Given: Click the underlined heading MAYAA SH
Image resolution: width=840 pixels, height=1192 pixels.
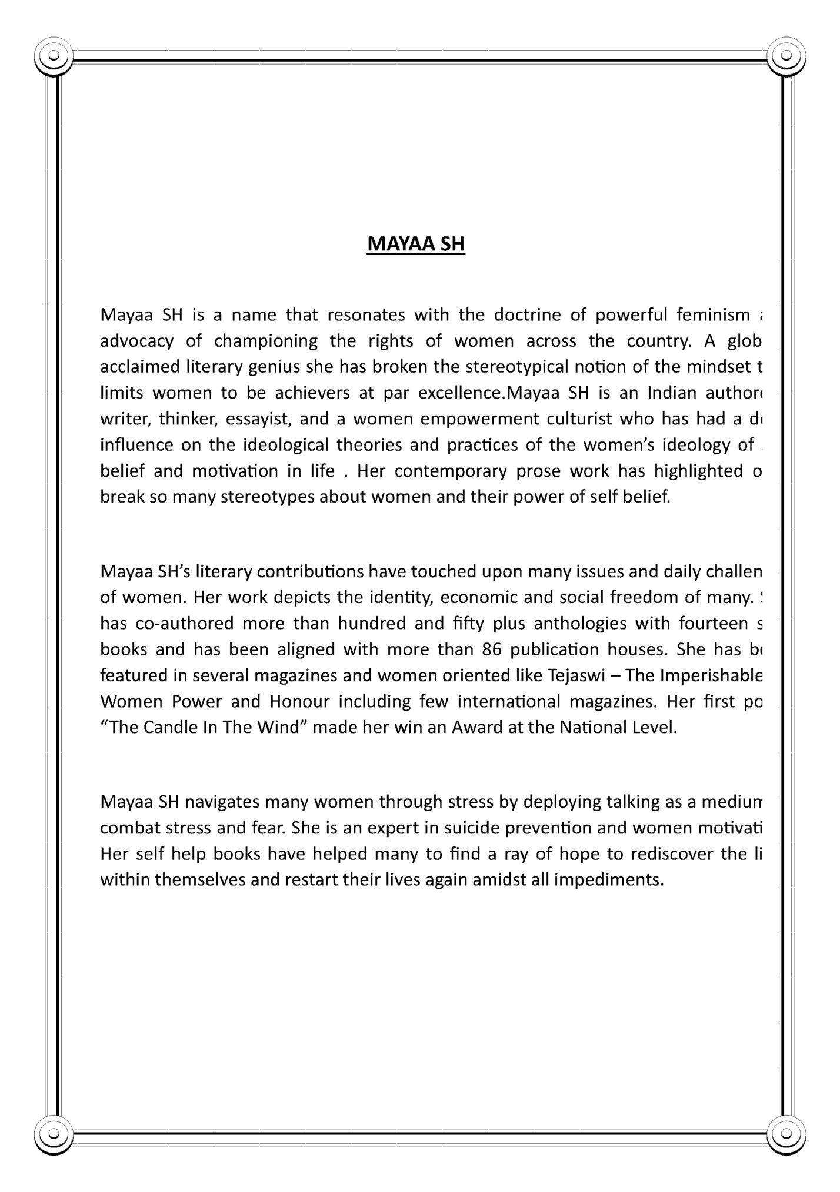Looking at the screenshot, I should [416, 244].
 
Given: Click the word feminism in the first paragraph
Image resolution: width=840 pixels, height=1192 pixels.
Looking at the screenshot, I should [713, 316].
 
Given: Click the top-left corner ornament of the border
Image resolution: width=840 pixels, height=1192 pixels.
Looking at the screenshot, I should [54, 56].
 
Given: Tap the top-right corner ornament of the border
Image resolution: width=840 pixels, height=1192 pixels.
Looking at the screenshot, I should [786, 56].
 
